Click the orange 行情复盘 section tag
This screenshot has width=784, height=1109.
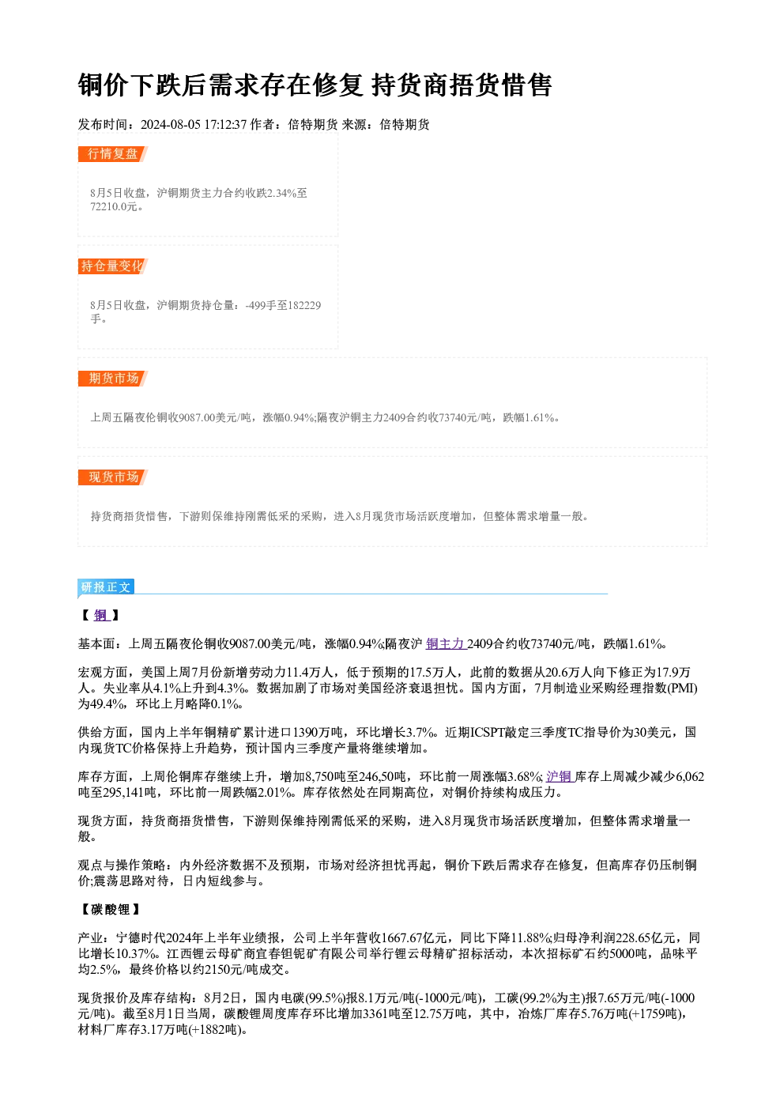pos(112,154)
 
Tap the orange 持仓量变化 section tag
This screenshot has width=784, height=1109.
pos(112,266)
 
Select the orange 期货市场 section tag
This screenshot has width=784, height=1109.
pos(112,379)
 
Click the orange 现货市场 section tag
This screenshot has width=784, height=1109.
pos(112,477)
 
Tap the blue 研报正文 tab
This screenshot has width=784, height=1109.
pos(106,587)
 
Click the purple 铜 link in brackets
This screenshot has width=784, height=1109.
pos(100,616)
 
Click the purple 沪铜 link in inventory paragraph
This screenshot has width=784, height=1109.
pos(560,776)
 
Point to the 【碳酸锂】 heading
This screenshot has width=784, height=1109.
pos(111,910)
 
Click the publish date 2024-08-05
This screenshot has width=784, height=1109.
pos(171,125)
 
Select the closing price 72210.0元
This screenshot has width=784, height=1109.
pos(114,207)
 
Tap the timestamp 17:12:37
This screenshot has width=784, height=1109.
pos(225,125)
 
